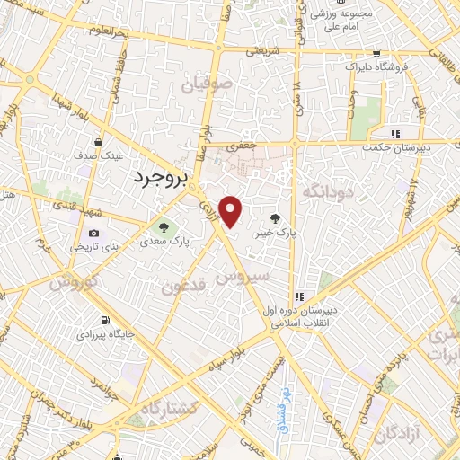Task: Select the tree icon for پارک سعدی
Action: [x=164, y=226]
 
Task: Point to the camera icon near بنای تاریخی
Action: [x=94, y=234]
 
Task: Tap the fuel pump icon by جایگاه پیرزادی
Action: [x=106, y=320]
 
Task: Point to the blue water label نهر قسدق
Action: [x=279, y=402]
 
